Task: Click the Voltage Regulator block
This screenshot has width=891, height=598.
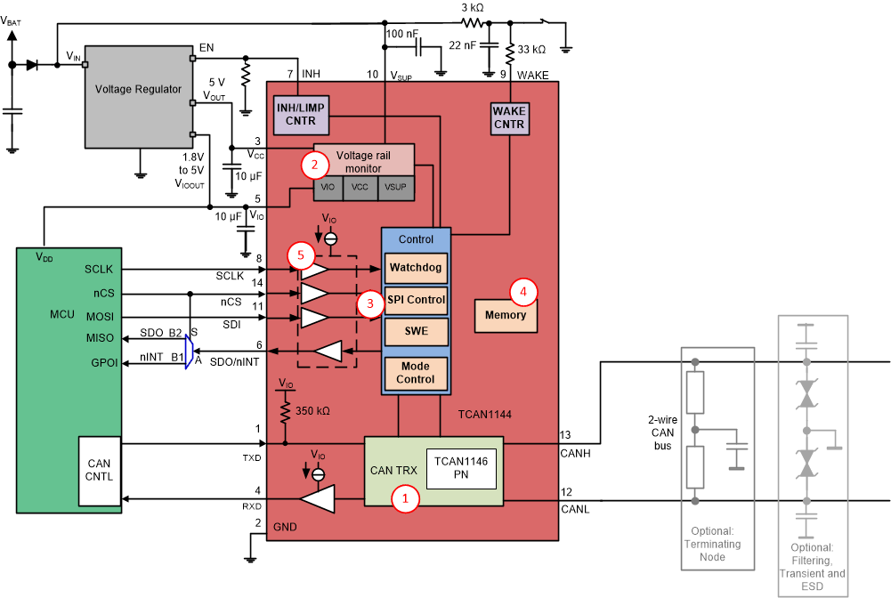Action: (x=138, y=90)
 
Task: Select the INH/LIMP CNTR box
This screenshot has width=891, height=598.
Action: (x=300, y=115)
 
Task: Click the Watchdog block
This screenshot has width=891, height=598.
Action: (x=416, y=266)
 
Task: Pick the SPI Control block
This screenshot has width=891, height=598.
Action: (x=416, y=300)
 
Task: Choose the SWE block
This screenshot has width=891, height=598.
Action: (x=416, y=331)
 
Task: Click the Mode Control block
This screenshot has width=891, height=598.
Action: (x=416, y=372)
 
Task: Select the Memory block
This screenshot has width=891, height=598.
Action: (x=506, y=315)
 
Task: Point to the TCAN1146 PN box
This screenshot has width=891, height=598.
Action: (x=460, y=467)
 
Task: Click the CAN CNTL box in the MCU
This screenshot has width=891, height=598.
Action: (x=99, y=469)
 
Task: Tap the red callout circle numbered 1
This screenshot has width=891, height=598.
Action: (x=406, y=499)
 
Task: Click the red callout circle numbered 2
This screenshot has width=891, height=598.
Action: (x=312, y=164)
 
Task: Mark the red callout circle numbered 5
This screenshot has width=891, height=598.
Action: (x=301, y=255)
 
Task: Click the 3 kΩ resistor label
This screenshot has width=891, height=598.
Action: (x=473, y=7)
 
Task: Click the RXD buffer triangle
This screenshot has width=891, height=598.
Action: (x=316, y=500)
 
